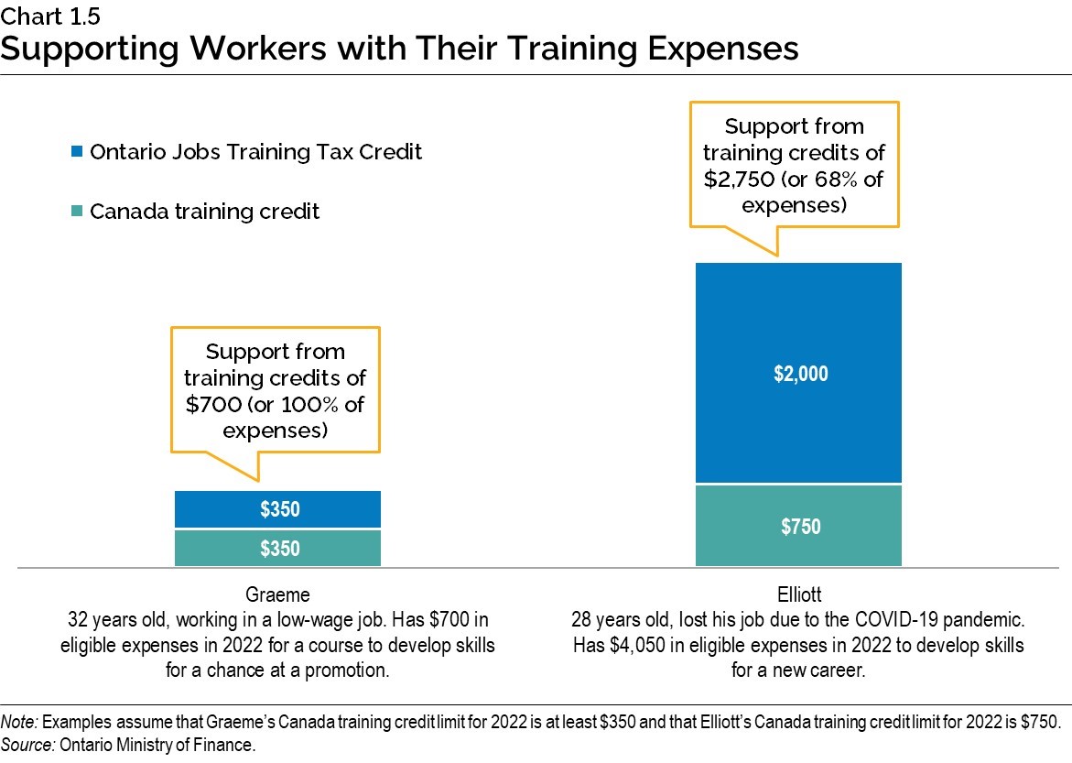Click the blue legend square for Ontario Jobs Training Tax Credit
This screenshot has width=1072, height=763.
(77, 152)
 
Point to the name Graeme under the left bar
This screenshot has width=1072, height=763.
(277, 593)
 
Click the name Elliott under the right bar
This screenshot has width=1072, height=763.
(798, 593)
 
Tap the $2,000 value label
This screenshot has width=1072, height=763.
(799, 374)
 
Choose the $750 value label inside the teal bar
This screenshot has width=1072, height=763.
(799, 527)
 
